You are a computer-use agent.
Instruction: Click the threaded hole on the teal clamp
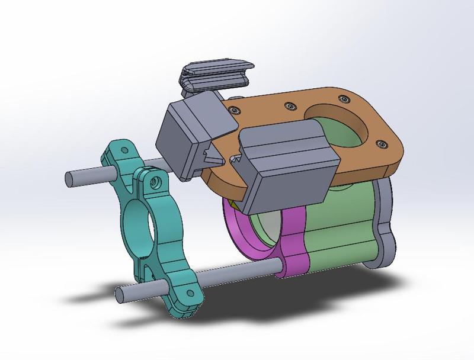point(156,180)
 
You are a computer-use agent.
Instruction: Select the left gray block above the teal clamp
point(190,133)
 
